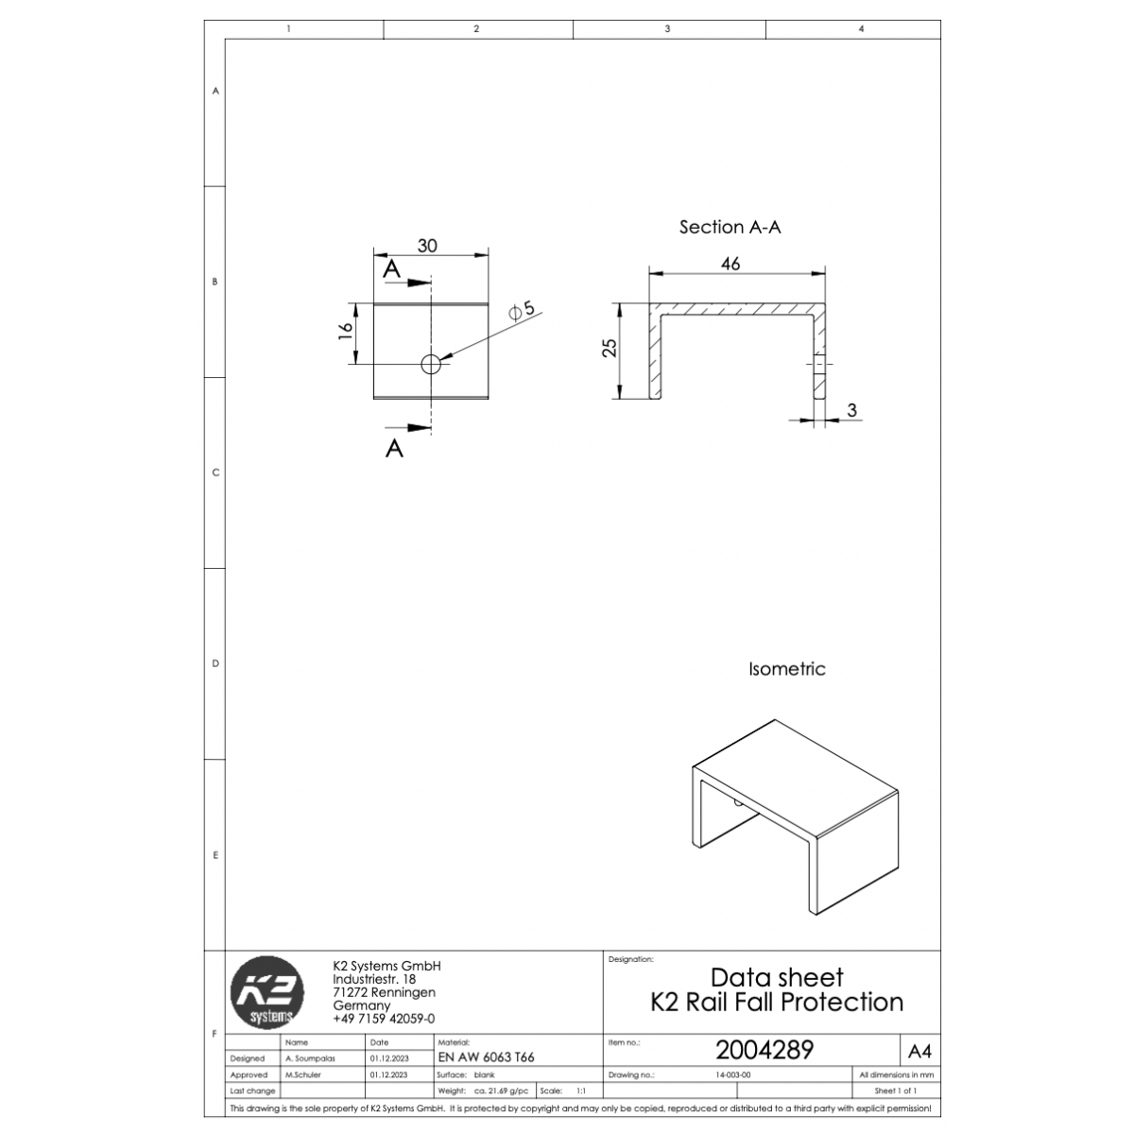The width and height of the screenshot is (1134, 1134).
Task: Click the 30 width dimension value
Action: [x=427, y=246]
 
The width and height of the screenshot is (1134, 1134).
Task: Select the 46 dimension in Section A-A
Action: [x=730, y=264]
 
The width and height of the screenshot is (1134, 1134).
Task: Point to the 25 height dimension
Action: [x=610, y=348]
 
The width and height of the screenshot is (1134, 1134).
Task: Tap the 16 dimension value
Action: [x=346, y=331]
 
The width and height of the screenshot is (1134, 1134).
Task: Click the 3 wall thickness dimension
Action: [x=851, y=410]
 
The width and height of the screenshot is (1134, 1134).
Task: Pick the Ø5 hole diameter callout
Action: [x=522, y=310]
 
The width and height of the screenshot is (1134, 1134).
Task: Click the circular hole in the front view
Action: [x=431, y=365]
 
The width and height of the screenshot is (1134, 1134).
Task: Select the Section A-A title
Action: [x=730, y=227]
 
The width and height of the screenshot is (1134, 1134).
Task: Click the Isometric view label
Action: [x=787, y=668]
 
